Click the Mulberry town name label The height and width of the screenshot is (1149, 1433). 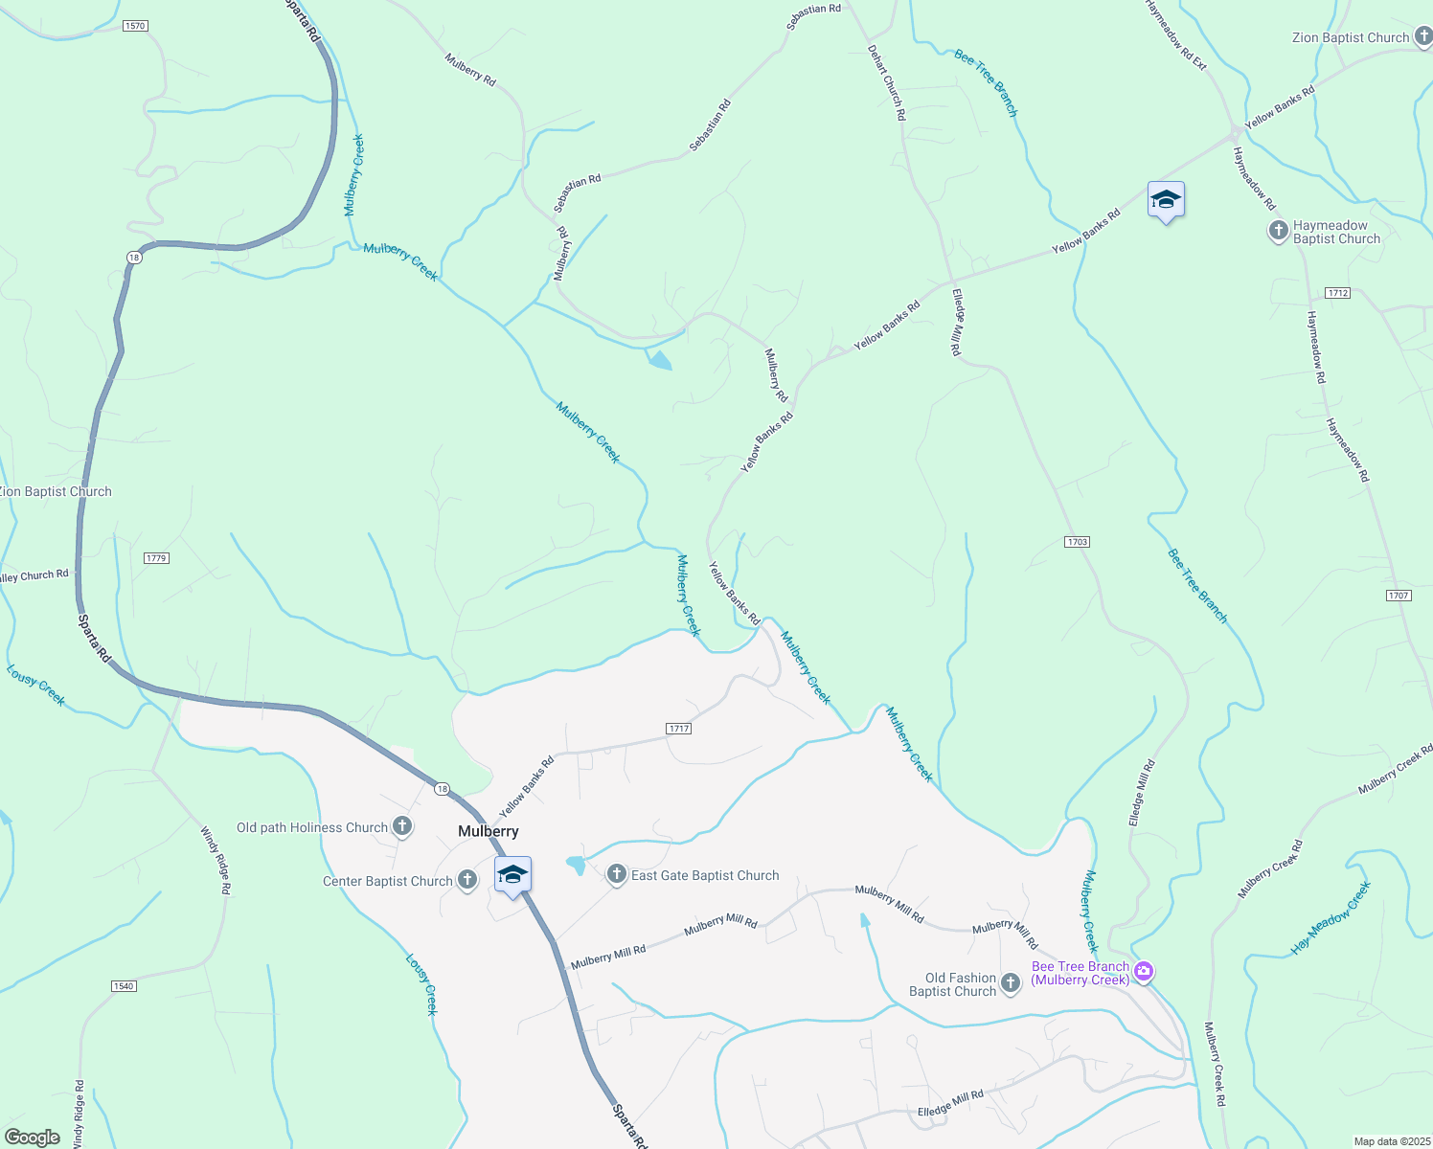(x=489, y=831)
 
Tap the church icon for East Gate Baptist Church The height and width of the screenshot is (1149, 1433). (x=617, y=873)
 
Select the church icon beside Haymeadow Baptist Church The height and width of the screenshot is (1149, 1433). (x=1278, y=231)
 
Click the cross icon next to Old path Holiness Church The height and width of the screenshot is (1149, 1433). (x=402, y=826)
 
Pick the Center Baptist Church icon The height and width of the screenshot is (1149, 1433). (x=466, y=880)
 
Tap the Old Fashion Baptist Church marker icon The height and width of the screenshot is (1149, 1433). (x=1010, y=983)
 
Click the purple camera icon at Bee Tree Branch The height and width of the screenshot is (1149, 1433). (x=1143, y=973)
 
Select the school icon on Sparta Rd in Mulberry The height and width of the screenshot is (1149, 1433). (x=512, y=875)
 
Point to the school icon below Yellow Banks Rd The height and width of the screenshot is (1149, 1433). (x=1166, y=200)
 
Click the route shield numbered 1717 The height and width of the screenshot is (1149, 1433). (x=679, y=729)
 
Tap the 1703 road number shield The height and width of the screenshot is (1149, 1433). (x=1077, y=542)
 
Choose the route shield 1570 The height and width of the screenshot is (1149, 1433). (x=135, y=26)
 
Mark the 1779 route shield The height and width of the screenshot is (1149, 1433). (x=156, y=558)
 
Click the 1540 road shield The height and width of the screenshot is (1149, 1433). (x=124, y=986)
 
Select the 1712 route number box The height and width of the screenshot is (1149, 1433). (x=1338, y=293)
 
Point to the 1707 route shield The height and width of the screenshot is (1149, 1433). (x=1399, y=596)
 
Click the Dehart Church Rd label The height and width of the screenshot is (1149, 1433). (x=886, y=82)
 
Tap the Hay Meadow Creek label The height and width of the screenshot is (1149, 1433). (x=1331, y=918)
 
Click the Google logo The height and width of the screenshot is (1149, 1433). (x=33, y=1138)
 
